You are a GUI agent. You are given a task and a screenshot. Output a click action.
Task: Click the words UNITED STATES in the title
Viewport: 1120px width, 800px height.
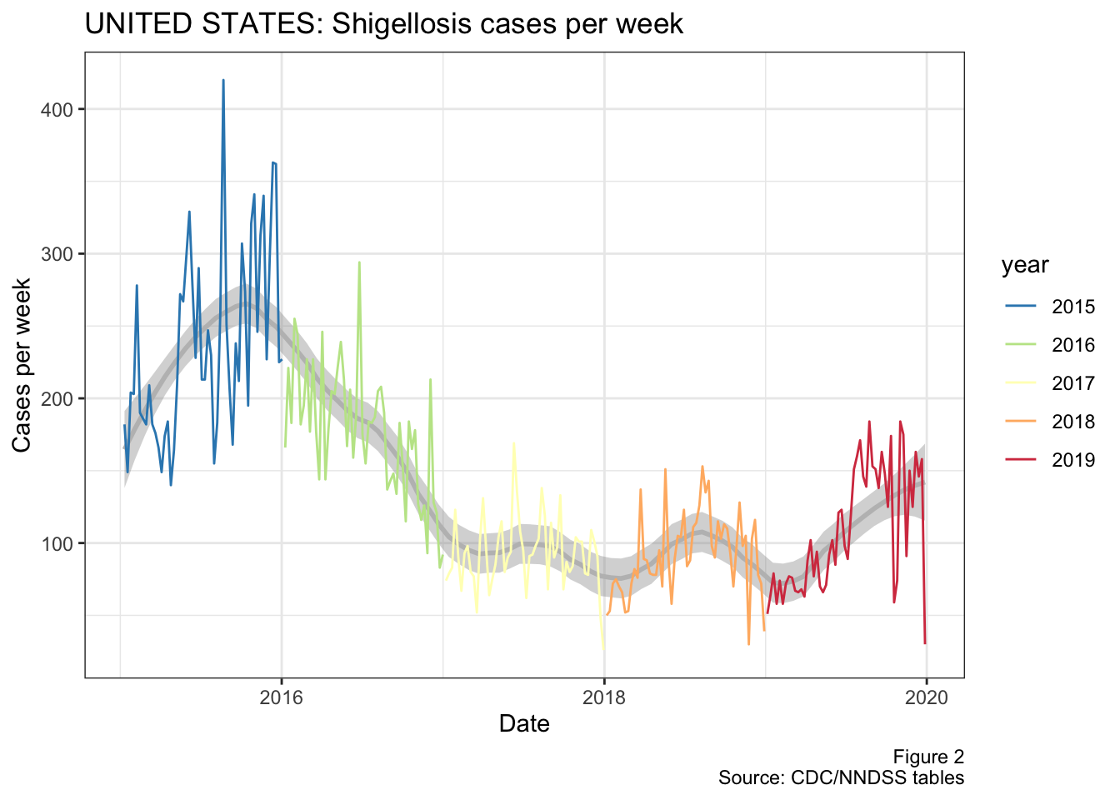203,24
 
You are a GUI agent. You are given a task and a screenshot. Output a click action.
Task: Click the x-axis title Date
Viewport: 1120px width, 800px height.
524,723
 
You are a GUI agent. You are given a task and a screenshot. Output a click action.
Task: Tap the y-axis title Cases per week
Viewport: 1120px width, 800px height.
22,365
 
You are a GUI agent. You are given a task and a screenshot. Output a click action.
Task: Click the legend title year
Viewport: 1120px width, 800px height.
1025,265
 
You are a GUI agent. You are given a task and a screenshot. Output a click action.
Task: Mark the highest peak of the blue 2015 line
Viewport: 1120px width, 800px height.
223,81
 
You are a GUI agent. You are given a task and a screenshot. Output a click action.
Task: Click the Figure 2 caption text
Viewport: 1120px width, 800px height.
928,757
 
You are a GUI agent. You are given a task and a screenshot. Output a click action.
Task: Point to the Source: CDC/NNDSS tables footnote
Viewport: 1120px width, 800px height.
841,778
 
